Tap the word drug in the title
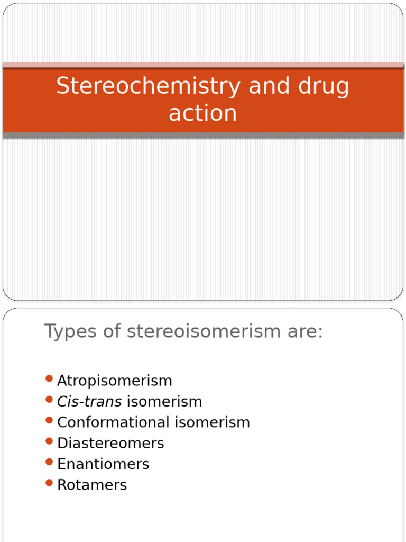click(x=320, y=86)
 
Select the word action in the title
click(x=203, y=113)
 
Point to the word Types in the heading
click(x=70, y=332)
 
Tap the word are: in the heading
click(x=302, y=332)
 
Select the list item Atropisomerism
click(x=115, y=381)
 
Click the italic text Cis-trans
click(x=89, y=401)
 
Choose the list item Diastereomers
click(x=110, y=443)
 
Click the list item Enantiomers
click(x=103, y=464)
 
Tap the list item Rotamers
click(x=92, y=485)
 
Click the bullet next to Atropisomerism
click(x=49, y=378)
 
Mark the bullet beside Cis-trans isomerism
click(x=49, y=399)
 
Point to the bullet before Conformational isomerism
click(x=49, y=420)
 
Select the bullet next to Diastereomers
click(x=49, y=441)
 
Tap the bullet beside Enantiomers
click(x=49, y=462)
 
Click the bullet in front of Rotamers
click(x=49, y=483)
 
